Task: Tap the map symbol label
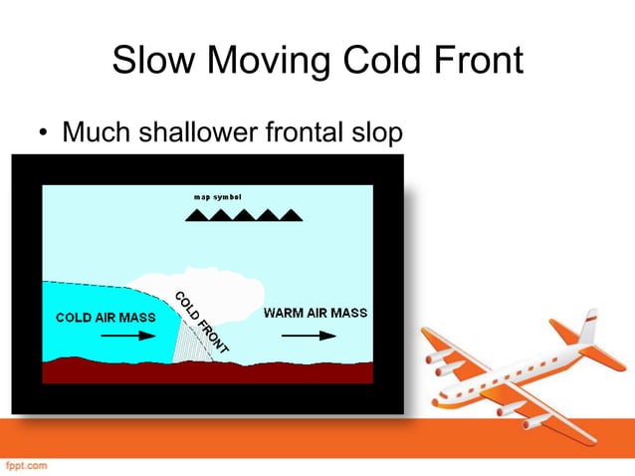tap(218, 195)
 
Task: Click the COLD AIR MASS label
tap(99, 318)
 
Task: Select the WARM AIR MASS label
tap(315, 313)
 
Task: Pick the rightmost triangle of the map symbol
tap(292, 213)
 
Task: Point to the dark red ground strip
tap(199, 371)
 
